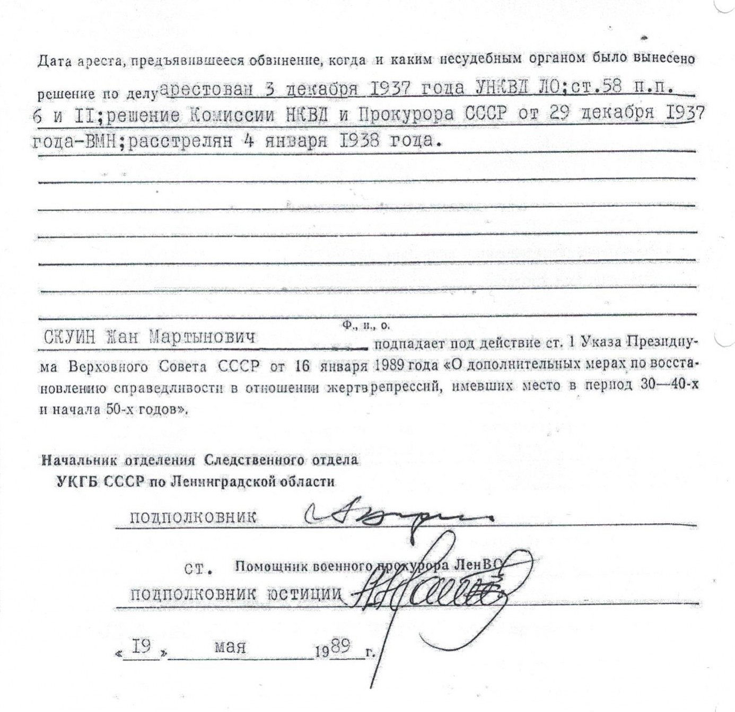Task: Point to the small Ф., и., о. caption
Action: point(365,326)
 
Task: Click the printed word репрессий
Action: point(406,388)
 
